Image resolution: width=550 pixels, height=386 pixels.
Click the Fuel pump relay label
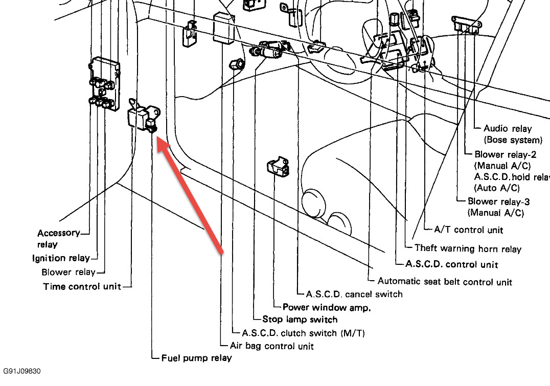[x=197, y=358]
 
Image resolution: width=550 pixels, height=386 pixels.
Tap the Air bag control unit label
[x=271, y=346]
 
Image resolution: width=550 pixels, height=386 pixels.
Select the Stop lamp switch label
[x=300, y=320]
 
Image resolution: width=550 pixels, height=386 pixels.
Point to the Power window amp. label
[x=326, y=307]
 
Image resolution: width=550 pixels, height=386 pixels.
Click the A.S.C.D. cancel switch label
[x=354, y=294]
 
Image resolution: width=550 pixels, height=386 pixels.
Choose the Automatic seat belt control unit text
[x=445, y=281]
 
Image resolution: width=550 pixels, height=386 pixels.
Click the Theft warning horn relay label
[x=468, y=249]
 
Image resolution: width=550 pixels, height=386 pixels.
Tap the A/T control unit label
[x=468, y=230]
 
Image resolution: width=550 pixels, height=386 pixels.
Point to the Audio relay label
[x=508, y=129]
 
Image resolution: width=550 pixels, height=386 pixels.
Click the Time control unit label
[x=82, y=286]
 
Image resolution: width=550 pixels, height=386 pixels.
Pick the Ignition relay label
[x=61, y=258]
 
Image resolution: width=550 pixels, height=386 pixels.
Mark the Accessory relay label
[x=58, y=233]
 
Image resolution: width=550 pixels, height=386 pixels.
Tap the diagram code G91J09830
[x=21, y=371]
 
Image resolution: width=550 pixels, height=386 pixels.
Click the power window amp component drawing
[x=278, y=167]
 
